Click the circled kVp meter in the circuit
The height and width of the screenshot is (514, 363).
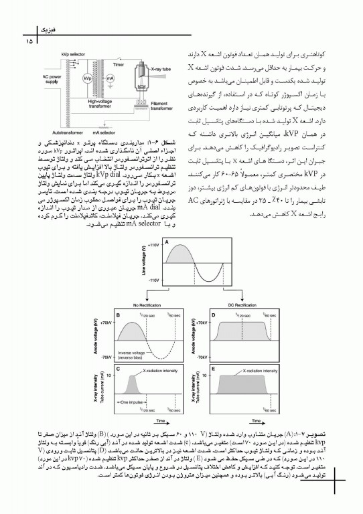pyautogui.click(x=87, y=79)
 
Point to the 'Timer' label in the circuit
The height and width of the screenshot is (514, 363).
pyautogui.click(x=118, y=66)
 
